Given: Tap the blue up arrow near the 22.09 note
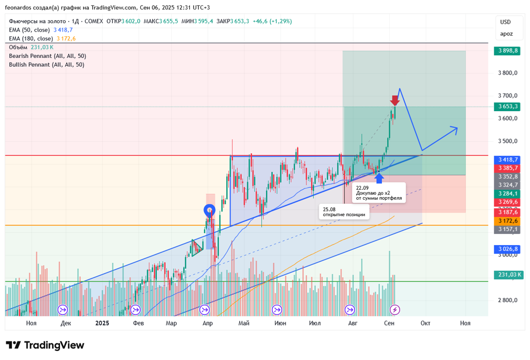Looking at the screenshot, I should coord(379,177).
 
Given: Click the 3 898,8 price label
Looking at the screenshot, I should coord(507,51).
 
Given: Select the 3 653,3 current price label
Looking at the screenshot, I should coord(507,107).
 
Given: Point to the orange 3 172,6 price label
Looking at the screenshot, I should coord(507,220).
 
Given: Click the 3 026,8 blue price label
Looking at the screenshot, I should coord(507,249).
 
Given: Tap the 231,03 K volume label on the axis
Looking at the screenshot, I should coord(509,275).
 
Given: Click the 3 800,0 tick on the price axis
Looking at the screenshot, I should coord(507,73).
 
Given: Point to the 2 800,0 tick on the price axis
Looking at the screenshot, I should coord(507,300).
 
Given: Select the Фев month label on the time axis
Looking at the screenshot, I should coord(138,323).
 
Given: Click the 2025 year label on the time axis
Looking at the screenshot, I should coord(102,323).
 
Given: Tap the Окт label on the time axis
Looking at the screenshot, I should coord(425,323).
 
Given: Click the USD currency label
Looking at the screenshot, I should coord(505,22).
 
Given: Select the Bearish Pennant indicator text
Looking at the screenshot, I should coord(47,56).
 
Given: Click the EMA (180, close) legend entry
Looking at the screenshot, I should coord(31,38).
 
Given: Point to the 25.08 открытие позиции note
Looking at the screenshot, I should coord(344,212).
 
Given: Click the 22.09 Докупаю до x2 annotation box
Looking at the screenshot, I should coord(379,193).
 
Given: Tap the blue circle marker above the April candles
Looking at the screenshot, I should coord(209,210).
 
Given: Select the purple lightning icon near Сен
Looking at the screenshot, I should coord(395,309).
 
